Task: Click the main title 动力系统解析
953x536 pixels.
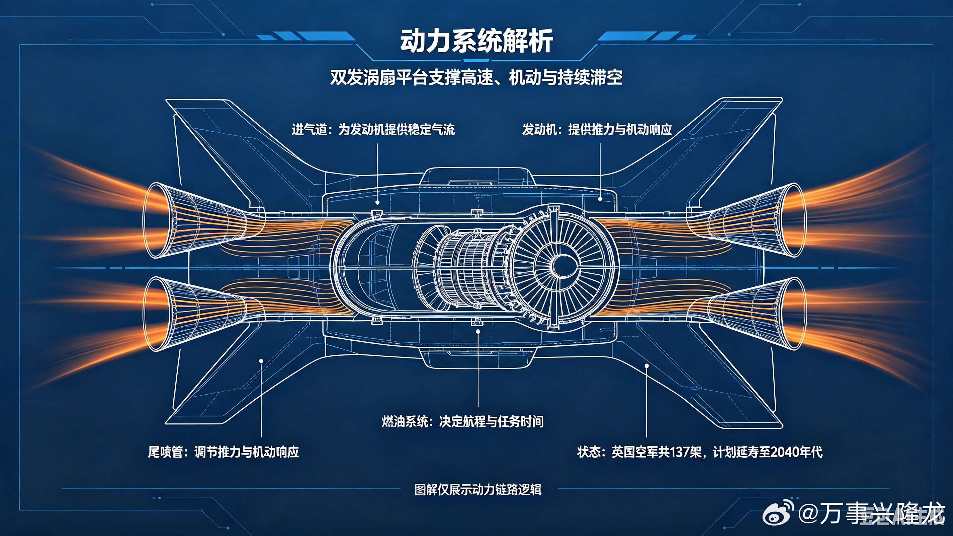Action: [x=476, y=41]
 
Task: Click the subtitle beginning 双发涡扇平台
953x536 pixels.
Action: [x=476, y=77]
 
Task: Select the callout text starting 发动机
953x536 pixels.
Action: [x=597, y=130]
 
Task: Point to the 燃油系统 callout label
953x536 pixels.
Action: [x=462, y=421]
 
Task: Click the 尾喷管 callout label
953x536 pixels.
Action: [x=223, y=452]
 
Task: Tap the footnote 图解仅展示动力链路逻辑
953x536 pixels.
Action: [x=478, y=489]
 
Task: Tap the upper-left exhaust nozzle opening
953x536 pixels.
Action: [x=156, y=220]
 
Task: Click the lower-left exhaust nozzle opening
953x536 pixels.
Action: [x=156, y=314]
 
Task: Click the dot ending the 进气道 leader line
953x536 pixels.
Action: [x=377, y=203]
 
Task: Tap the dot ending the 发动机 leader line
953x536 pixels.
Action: [x=600, y=199]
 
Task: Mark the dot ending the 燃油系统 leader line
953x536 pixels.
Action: [x=478, y=332]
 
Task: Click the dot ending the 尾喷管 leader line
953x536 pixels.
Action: [x=261, y=361]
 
